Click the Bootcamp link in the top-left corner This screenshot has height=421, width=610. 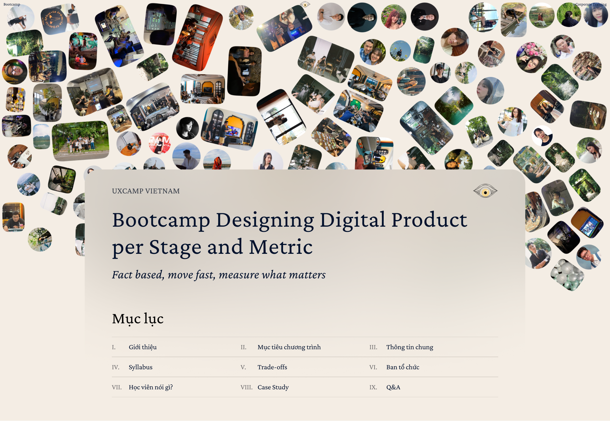[x=12, y=4]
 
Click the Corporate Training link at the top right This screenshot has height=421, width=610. [x=591, y=4]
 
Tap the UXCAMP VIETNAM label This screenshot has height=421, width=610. [x=146, y=191]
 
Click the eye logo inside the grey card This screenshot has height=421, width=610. [x=485, y=191]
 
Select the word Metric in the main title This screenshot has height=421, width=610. [x=281, y=247]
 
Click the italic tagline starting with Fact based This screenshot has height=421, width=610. [x=219, y=275]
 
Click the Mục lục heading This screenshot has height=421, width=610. [x=138, y=319]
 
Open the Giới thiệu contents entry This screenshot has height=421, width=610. [x=143, y=347]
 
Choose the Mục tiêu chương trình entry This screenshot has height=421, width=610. [x=289, y=347]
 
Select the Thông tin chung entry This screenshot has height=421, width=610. [x=410, y=347]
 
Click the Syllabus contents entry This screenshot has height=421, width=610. [x=141, y=367]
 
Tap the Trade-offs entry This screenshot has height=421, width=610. [x=272, y=367]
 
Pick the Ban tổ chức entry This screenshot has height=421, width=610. [x=403, y=367]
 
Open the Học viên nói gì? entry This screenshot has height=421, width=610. [x=151, y=387]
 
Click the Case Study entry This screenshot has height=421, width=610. [x=273, y=387]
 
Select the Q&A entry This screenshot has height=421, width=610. [x=393, y=387]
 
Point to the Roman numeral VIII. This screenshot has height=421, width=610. [x=246, y=387]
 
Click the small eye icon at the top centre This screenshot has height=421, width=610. [x=305, y=5]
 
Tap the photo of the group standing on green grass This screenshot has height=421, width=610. [x=80, y=141]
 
